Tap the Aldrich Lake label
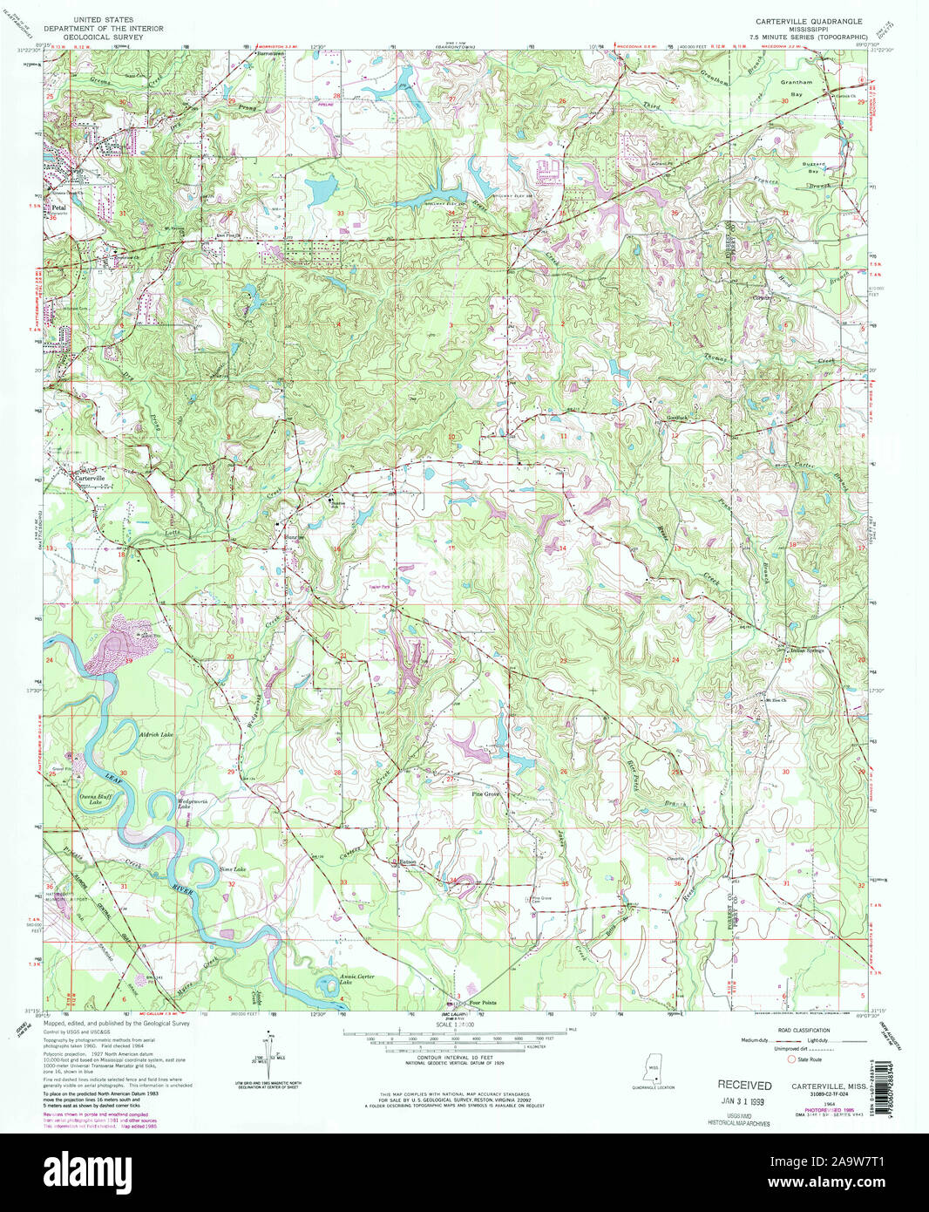156,735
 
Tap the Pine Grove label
485,794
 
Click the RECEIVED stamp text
744,1086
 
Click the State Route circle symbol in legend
791,1059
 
